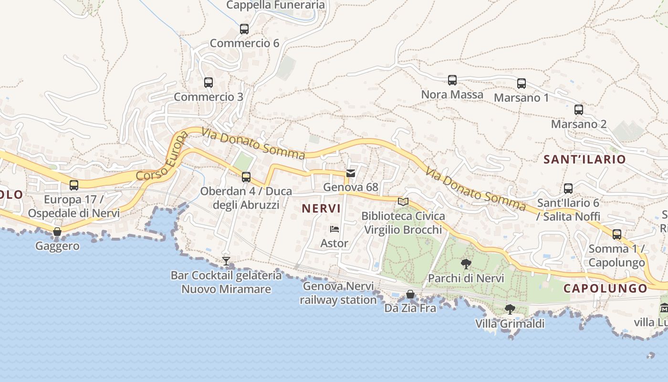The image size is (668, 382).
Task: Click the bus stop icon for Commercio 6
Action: [244, 29]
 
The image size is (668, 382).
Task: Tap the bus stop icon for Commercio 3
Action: [209, 83]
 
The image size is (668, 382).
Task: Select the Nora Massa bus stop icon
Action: [452, 80]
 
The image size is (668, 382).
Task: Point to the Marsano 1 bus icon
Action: [522, 84]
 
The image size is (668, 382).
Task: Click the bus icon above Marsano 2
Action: [579, 110]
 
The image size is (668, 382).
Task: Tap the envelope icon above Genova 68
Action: [351, 173]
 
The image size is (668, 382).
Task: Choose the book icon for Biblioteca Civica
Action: [403, 202]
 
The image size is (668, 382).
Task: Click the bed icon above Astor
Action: [334, 229]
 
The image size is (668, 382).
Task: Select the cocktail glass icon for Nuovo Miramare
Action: [226, 261]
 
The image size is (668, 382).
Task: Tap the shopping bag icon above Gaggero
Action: [57, 232]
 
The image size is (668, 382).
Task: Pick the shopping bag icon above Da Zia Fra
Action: [410, 294]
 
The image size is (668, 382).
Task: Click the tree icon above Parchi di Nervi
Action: [466, 264]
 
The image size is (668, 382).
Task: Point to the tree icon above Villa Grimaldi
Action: [510, 309]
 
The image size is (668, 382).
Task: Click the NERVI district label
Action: [321, 209]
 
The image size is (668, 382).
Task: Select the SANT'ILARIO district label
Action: [584, 159]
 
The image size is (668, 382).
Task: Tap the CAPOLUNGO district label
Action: [605, 288]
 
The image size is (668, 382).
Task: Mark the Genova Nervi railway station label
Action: [338, 293]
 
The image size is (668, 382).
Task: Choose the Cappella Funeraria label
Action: [275, 5]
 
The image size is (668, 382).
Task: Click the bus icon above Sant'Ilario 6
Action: [568, 189]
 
